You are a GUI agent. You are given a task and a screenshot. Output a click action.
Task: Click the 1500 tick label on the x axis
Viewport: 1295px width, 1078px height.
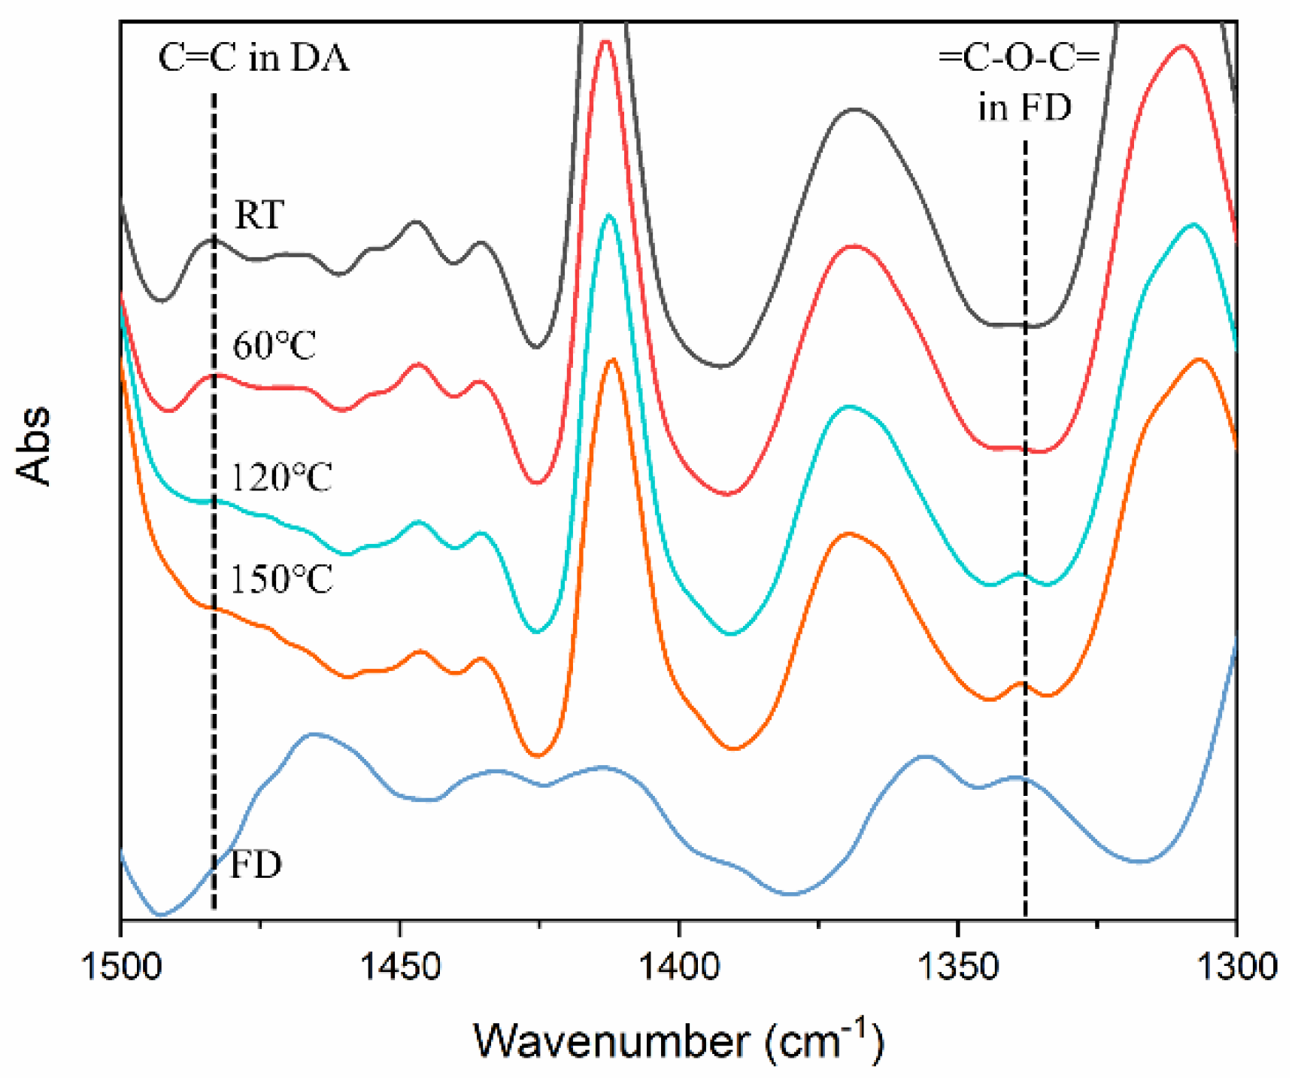[120, 966]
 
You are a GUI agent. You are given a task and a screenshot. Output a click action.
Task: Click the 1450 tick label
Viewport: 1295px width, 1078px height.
[399, 966]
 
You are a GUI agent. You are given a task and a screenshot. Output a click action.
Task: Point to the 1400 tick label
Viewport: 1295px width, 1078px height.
[678, 966]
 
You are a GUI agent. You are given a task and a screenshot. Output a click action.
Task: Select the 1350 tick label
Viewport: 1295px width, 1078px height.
[957, 966]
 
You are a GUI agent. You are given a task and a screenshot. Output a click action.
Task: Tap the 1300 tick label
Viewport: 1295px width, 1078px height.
[1236, 966]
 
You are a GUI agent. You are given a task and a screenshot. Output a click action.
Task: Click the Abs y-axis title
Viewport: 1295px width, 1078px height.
[34, 445]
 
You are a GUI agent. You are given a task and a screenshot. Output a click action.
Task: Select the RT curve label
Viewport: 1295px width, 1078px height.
[259, 215]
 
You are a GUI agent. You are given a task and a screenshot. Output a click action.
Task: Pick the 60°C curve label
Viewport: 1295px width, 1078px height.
[274, 346]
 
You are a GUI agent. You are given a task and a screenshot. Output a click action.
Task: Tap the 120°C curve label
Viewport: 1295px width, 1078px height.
[281, 478]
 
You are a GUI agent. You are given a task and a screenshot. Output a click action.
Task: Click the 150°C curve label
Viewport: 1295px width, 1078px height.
[281, 579]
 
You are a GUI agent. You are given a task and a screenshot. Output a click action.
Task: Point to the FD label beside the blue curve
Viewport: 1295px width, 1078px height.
[256, 864]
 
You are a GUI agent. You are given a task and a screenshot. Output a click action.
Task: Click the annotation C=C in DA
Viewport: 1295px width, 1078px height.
[254, 58]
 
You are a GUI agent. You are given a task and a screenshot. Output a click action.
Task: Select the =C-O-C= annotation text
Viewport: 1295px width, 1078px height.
[1019, 58]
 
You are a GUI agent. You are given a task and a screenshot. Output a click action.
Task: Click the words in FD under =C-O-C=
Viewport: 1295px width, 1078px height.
[1024, 108]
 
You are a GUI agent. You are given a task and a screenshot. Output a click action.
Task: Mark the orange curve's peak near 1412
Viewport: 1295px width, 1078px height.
[613, 360]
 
